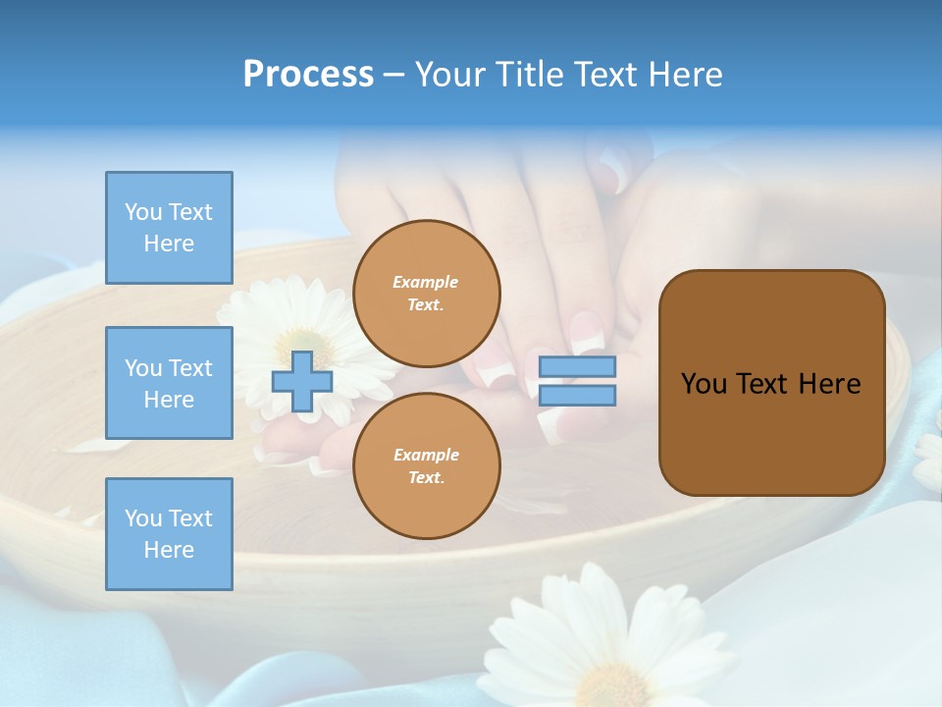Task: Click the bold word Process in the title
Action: click(308, 75)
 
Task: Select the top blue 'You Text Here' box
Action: click(169, 228)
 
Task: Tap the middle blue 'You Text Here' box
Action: click(169, 383)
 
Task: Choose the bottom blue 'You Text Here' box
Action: click(169, 534)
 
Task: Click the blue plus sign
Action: click(302, 382)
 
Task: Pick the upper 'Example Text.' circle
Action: click(427, 294)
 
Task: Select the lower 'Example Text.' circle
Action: click(427, 466)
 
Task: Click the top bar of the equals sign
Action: click(577, 367)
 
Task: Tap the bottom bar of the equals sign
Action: click(577, 395)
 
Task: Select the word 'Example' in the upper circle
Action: click(426, 282)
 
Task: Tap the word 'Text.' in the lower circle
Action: click(426, 478)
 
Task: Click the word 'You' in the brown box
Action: click(704, 384)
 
